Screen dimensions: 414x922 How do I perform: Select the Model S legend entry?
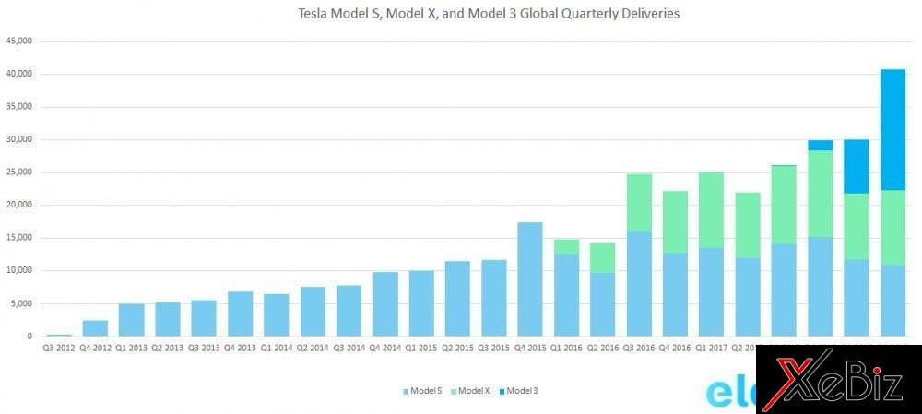[x=423, y=391]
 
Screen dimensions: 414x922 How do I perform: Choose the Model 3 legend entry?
[x=521, y=391]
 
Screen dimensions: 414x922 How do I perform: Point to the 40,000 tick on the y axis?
[x=19, y=74]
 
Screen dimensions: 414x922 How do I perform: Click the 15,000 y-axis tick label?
[x=19, y=238]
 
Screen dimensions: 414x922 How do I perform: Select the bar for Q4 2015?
[x=530, y=278]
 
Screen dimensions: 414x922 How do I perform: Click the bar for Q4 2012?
[x=95, y=328]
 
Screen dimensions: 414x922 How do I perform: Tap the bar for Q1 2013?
[x=131, y=320]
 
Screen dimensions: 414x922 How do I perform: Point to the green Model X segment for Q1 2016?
[x=566, y=247]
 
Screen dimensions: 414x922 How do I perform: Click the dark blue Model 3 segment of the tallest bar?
[x=892, y=129]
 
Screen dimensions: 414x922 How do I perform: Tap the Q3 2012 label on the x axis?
[x=59, y=349]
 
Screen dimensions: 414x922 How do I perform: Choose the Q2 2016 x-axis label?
[x=603, y=349]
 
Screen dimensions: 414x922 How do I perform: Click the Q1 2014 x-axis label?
[x=277, y=349]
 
